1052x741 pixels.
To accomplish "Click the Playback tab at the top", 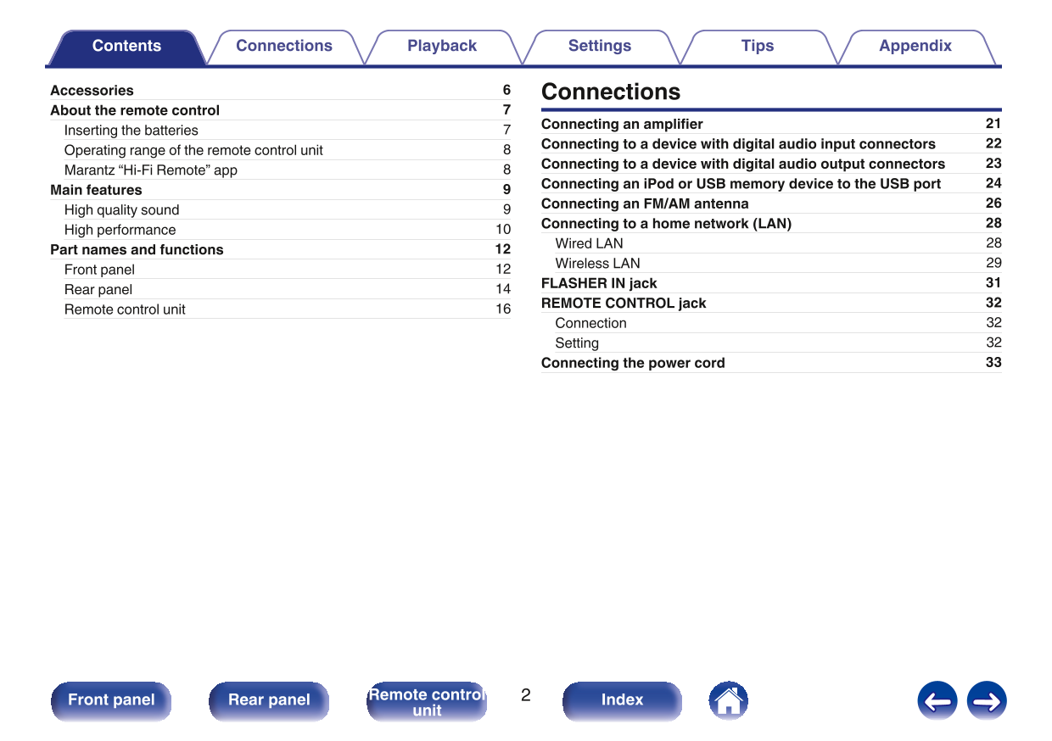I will [x=442, y=47].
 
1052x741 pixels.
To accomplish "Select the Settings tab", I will [x=600, y=47].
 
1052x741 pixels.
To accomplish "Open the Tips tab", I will [x=758, y=47].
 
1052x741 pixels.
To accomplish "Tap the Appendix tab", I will [x=915, y=47].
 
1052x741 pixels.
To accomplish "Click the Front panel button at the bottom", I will [x=111, y=700].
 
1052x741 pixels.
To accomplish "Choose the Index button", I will [x=622, y=700].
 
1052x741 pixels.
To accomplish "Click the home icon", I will [x=728, y=700].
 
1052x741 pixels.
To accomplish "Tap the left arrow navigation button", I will [x=937, y=701].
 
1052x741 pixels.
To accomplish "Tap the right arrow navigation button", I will [x=987, y=701].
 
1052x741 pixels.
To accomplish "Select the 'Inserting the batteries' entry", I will [x=131, y=131].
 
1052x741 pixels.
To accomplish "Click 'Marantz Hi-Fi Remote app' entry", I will [x=151, y=170].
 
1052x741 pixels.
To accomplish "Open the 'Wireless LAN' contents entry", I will [x=597, y=264].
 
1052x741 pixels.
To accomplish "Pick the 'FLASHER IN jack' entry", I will [x=599, y=283].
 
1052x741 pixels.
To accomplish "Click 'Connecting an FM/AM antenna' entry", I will [x=645, y=203].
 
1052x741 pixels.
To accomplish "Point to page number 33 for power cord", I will [x=993, y=363].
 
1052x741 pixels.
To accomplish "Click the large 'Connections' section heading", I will [x=611, y=92].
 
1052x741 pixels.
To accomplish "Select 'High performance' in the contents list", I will [x=120, y=230].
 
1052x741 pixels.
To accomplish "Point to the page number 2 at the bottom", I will [x=526, y=696].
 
